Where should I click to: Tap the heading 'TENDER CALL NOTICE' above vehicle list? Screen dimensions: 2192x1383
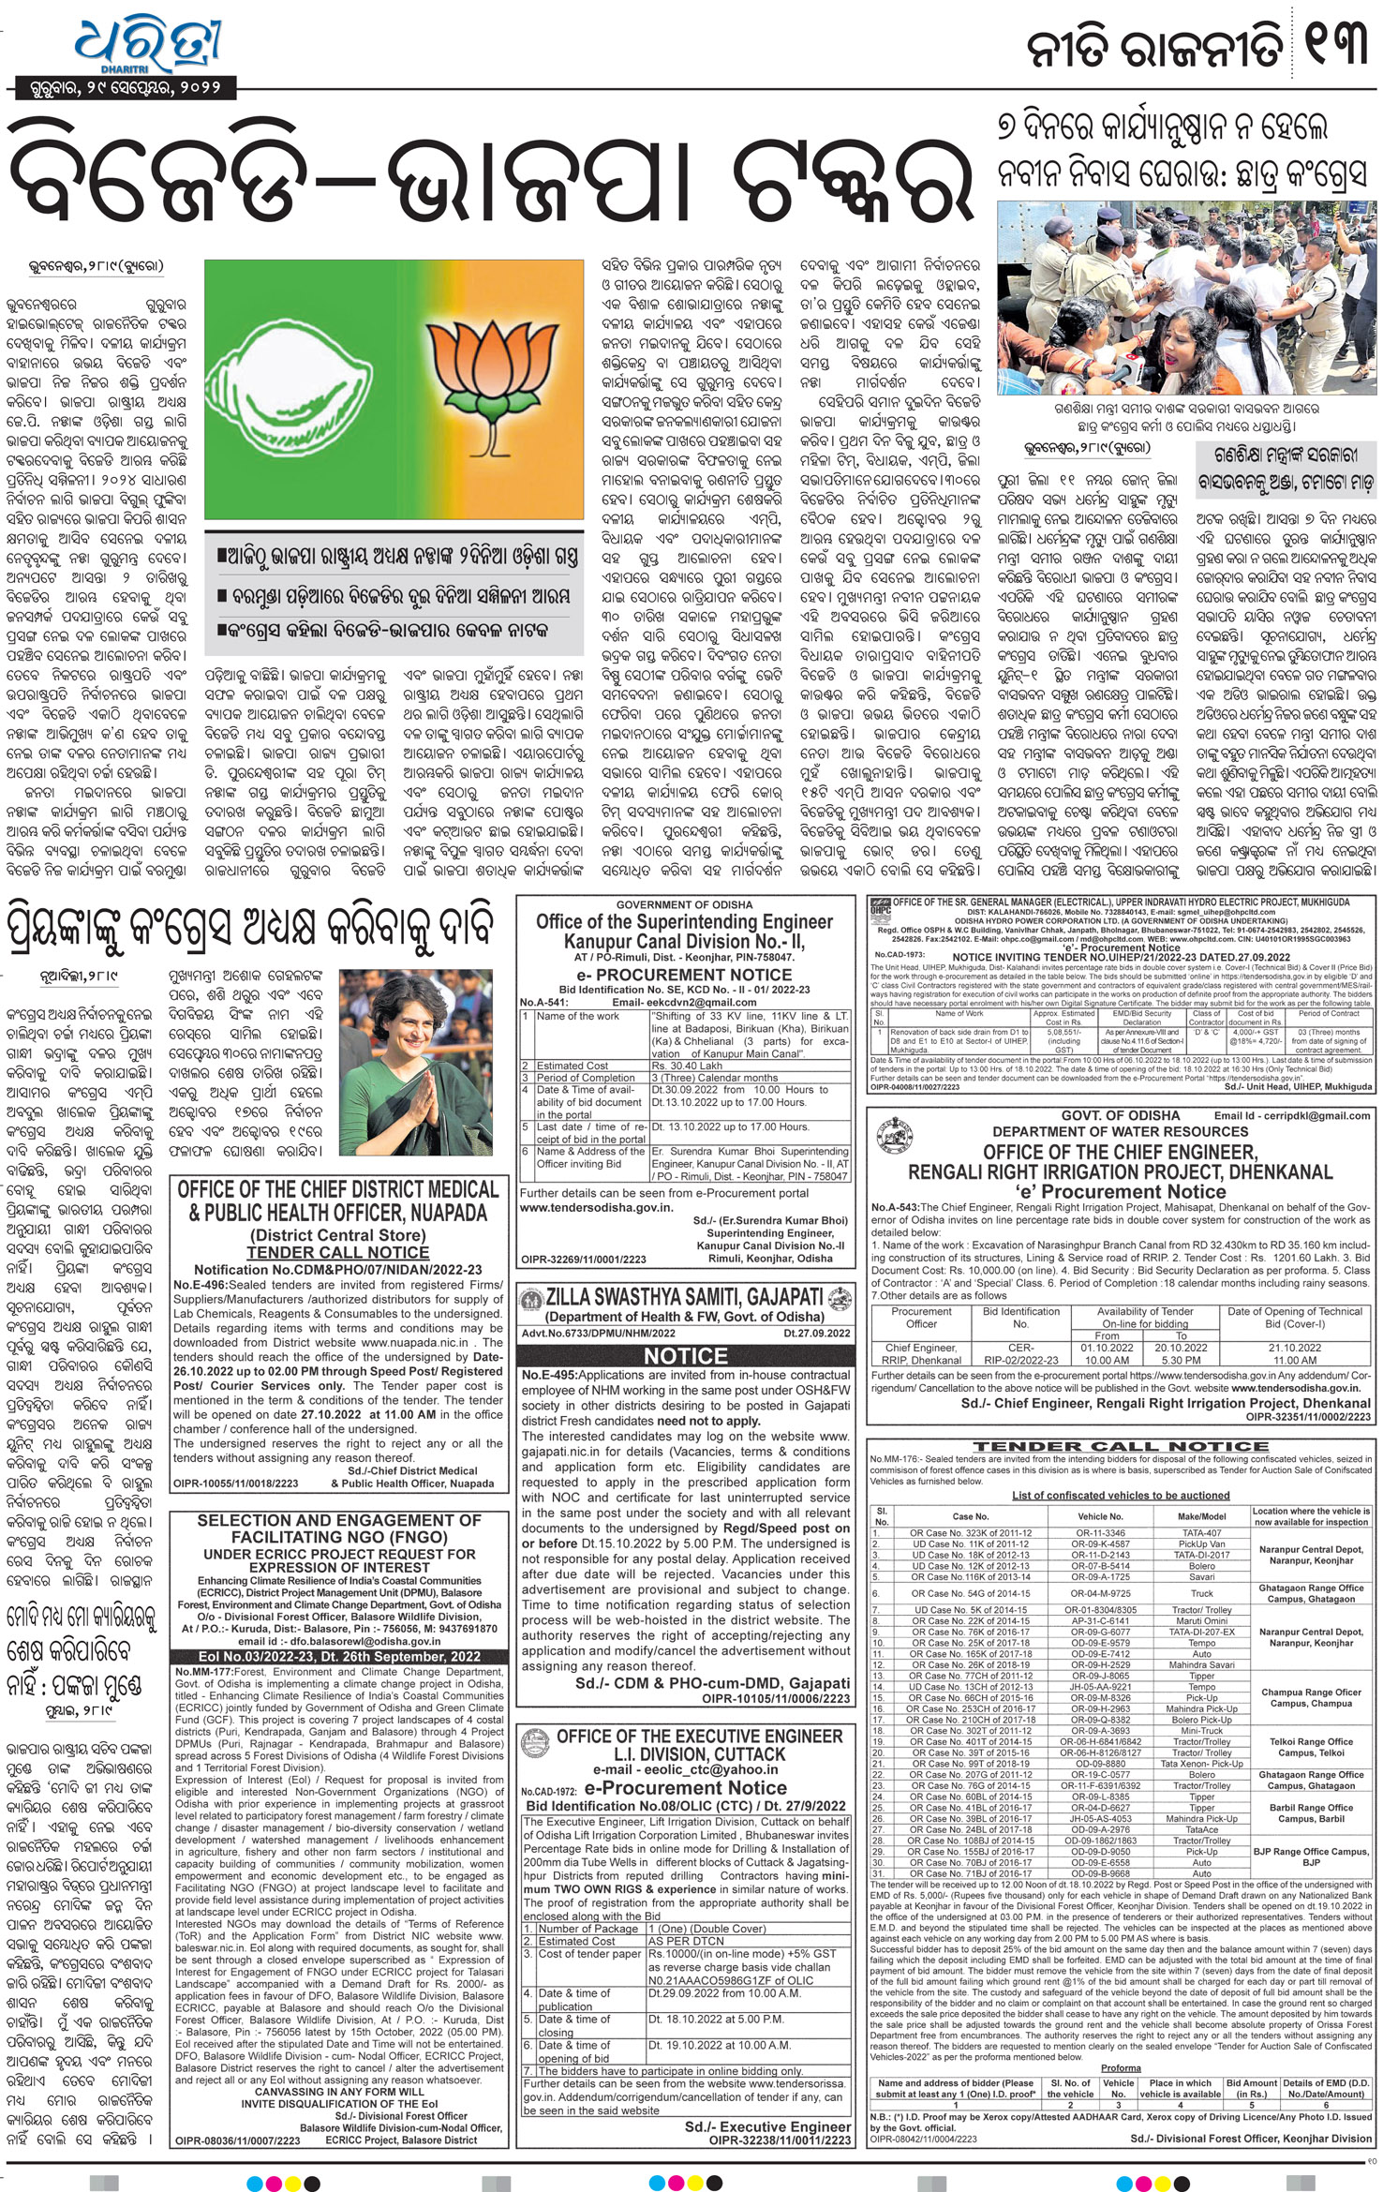(x=1120, y=1446)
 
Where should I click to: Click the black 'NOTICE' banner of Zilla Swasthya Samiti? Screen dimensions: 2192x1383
(x=685, y=1355)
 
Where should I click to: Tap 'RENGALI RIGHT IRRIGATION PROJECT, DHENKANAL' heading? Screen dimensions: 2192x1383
(x=1120, y=1171)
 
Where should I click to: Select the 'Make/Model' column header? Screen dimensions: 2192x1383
(x=1201, y=1516)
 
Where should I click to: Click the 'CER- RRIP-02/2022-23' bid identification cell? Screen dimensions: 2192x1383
(x=1020, y=1353)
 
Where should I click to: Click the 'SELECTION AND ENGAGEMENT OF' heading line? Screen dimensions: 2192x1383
(x=339, y=1519)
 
